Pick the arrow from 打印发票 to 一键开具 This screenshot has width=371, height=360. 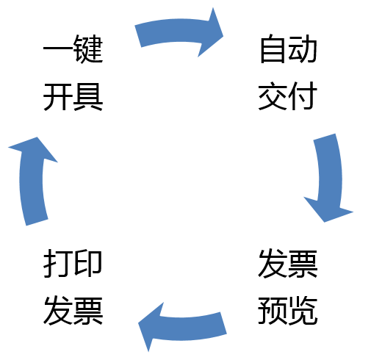point(31,180)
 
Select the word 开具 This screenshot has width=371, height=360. point(73,96)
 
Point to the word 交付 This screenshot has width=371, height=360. point(288,96)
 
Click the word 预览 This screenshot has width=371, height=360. point(288,312)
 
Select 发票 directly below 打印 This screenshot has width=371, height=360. point(73,312)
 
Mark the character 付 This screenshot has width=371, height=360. point(303,96)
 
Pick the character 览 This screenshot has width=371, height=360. point(303,312)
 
